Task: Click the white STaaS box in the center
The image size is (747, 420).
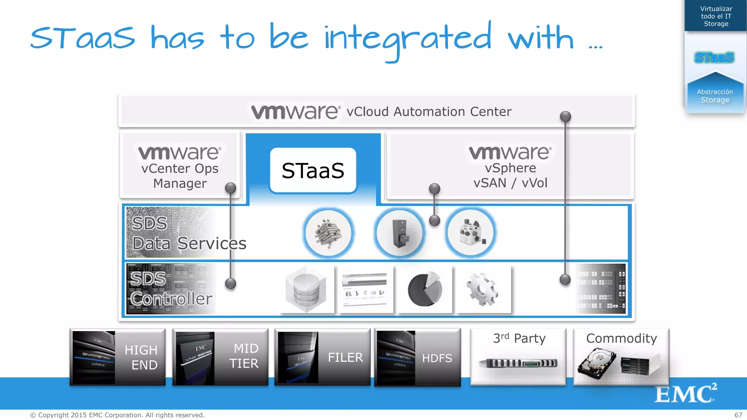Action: [x=313, y=170]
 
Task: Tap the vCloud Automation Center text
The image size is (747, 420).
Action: [x=429, y=112]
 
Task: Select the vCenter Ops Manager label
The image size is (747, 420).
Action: [x=180, y=176]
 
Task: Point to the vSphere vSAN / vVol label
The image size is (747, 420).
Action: [x=510, y=175]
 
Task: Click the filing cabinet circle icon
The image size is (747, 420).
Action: [x=399, y=233]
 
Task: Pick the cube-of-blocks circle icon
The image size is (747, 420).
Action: [x=328, y=233]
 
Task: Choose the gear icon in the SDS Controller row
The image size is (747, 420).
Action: [x=482, y=289]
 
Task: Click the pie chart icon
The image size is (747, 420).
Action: [x=425, y=289]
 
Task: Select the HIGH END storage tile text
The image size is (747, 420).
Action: [x=141, y=357]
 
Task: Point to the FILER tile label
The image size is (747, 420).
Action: [x=345, y=357]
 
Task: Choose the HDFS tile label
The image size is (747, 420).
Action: [x=437, y=358]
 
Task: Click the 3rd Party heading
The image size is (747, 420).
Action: [x=519, y=338]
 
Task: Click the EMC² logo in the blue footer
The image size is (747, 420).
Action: [x=685, y=393]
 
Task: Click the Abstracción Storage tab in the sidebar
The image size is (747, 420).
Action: [x=715, y=96]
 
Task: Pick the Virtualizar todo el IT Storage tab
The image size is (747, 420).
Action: [x=716, y=16]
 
